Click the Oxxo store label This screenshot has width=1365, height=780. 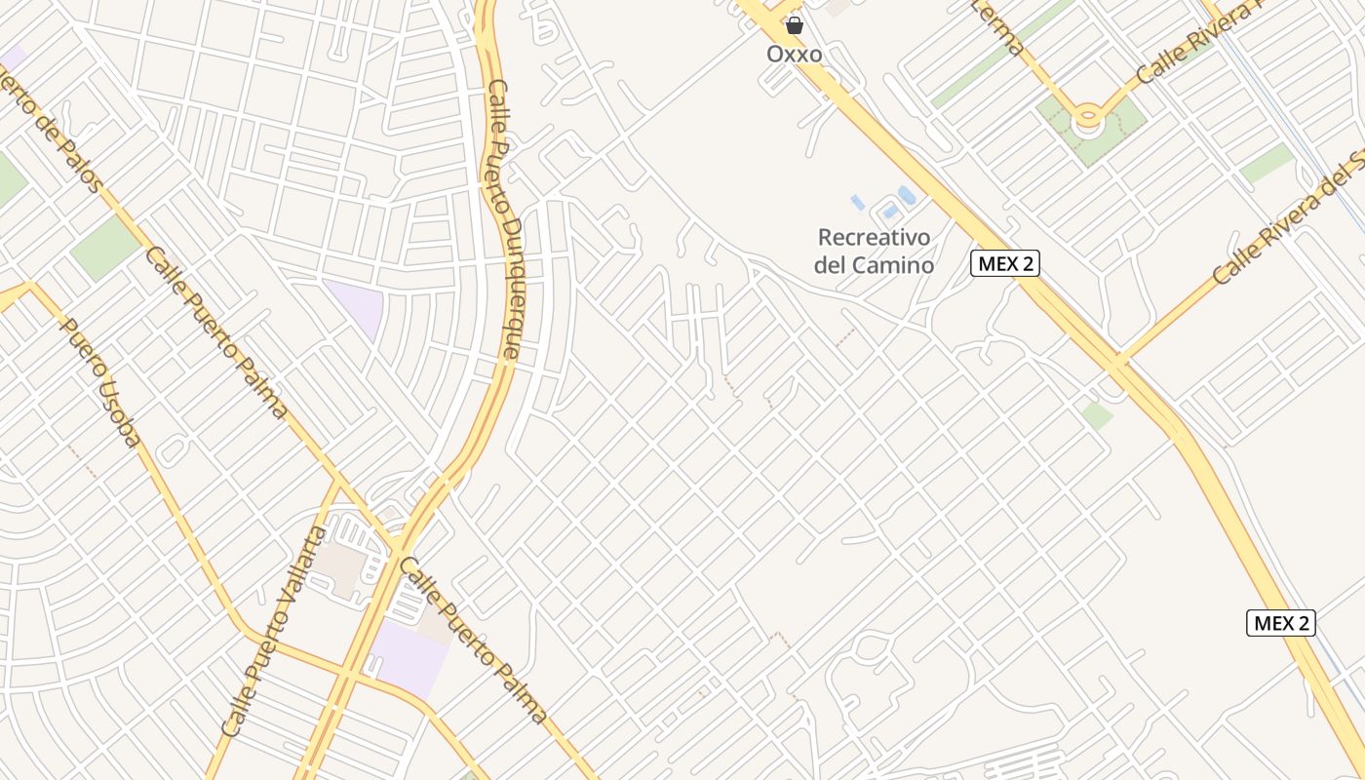pos(794,54)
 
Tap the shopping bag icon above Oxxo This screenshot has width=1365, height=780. pos(795,25)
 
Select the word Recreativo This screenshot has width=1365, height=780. pos(874,237)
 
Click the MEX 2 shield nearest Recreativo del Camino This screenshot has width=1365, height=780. pos(1004,263)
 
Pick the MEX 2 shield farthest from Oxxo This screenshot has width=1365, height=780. pos(1280,623)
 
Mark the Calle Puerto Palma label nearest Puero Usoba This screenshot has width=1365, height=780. pos(216,332)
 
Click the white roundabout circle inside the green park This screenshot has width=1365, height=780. pos(1087,120)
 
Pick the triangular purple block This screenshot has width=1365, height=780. pos(357,305)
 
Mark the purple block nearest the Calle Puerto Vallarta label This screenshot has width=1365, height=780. pos(407,655)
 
